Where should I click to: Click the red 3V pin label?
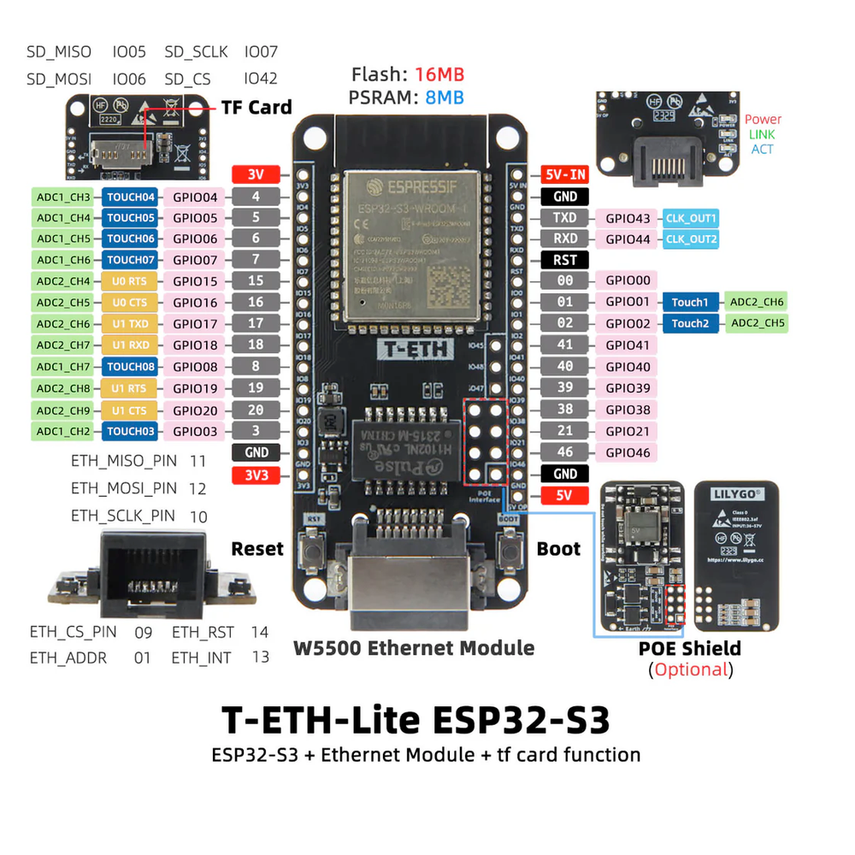256,174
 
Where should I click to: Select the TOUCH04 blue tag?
131,197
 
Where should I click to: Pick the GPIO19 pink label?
195,388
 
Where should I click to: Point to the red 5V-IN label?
565,174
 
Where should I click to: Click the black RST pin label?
565,260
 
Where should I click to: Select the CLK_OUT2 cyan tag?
691,239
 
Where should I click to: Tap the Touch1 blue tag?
690,302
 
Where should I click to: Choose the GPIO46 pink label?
628,452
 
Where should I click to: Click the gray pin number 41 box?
565,345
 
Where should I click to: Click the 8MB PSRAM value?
445,97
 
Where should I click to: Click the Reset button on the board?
315,547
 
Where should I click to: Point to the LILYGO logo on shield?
736,493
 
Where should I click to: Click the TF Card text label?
256,108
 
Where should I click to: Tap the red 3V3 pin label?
256,474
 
